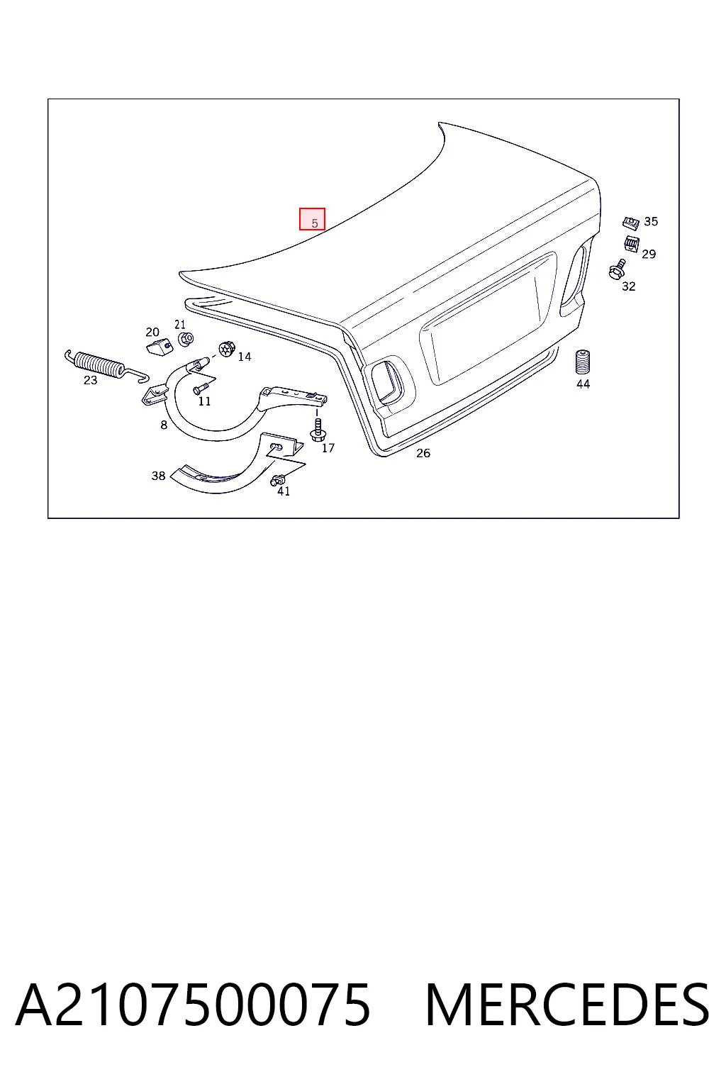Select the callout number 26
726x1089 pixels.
point(423,453)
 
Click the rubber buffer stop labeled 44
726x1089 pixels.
point(583,362)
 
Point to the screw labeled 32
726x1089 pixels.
point(617,269)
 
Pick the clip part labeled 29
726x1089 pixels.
point(631,244)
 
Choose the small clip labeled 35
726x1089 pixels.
point(631,223)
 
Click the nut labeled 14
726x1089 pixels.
point(227,349)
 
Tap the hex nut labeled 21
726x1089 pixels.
point(185,338)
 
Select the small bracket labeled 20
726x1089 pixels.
point(160,346)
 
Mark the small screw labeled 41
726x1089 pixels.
point(277,480)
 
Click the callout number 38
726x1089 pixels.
point(158,476)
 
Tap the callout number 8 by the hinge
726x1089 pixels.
point(164,425)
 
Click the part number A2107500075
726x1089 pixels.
point(193,1005)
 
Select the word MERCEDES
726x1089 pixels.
point(567,1005)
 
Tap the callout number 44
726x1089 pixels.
point(583,384)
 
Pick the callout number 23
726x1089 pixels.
point(91,380)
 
